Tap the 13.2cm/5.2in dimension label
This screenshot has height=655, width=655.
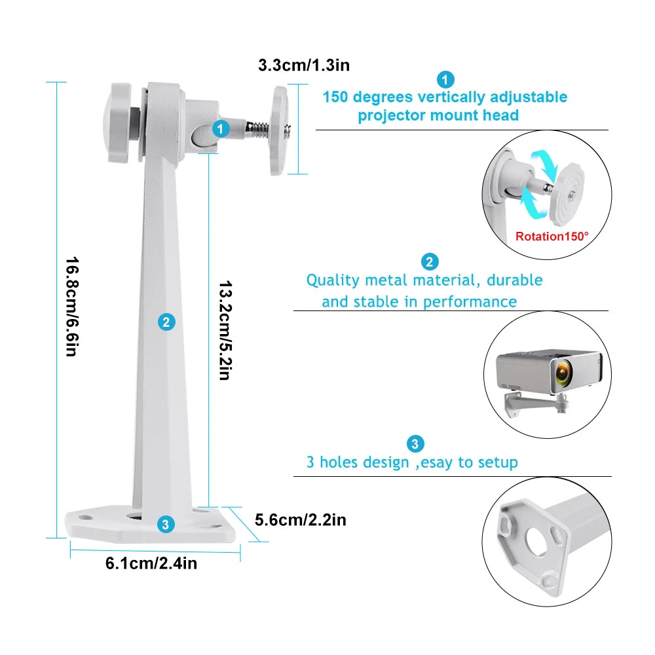tap(225, 331)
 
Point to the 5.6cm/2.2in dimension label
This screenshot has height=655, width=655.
tap(300, 520)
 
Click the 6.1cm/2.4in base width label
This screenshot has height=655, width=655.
tap(151, 563)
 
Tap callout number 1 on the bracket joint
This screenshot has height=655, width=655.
tap(221, 129)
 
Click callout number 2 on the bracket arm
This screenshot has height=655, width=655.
tap(166, 322)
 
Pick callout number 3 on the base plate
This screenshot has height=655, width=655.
tap(165, 524)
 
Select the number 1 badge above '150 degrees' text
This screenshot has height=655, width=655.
tap(445, 80)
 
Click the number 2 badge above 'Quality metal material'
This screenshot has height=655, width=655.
tap(429, 262)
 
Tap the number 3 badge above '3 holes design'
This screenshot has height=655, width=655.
tap(415, 444)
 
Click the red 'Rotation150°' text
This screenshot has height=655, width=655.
tap(552, 236)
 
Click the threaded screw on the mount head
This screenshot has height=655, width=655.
tap(256, 129)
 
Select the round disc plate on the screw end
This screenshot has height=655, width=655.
tap(279, 131)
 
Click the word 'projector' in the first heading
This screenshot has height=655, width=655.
tap(391, 116)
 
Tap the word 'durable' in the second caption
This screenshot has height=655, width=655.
tap(515, 280)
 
